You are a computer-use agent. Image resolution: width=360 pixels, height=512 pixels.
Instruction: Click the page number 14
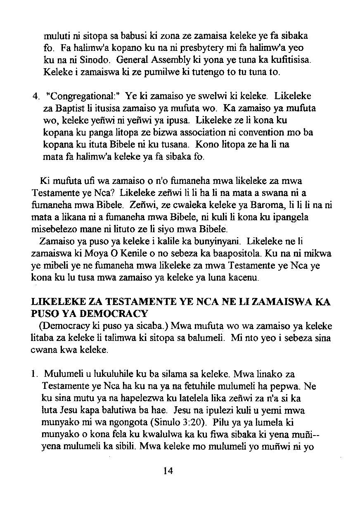tap(168, 471)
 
